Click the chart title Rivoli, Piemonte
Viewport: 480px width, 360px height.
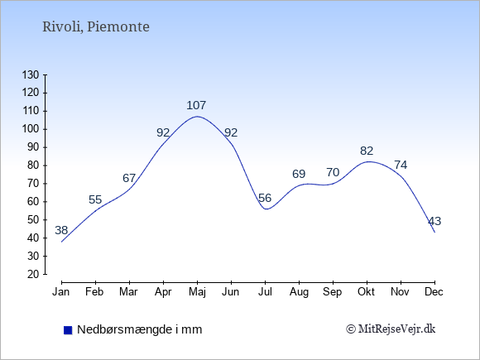coord(96,27)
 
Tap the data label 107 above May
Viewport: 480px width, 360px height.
coord(196,105)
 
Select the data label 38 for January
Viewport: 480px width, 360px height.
coord(61,230)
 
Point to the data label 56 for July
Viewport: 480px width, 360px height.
coord(265,198)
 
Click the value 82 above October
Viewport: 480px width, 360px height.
coord(367,151)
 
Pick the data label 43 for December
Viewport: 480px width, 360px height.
coord(434,221)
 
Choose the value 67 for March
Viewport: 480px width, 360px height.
coord(129,178)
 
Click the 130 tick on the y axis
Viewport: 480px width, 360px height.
coord(31,74)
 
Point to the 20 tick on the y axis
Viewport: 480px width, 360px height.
coord(33,274)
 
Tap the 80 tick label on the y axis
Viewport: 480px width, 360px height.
coord(33,166)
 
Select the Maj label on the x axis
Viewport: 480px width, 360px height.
coord(197,292)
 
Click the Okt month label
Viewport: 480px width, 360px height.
coord(366,292)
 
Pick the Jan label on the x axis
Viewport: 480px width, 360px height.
coord(61,292)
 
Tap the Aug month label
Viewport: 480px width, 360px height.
coord(299,292)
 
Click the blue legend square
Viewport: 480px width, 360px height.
coord(68,330)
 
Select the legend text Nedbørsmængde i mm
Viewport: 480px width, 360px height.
coord(140,330)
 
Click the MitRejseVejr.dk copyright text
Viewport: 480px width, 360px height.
coord(391,329)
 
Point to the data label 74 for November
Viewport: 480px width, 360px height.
coord(401,166)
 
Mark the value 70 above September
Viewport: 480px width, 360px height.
coord(333,173)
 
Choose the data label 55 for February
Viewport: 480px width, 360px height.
coord(95,200)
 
